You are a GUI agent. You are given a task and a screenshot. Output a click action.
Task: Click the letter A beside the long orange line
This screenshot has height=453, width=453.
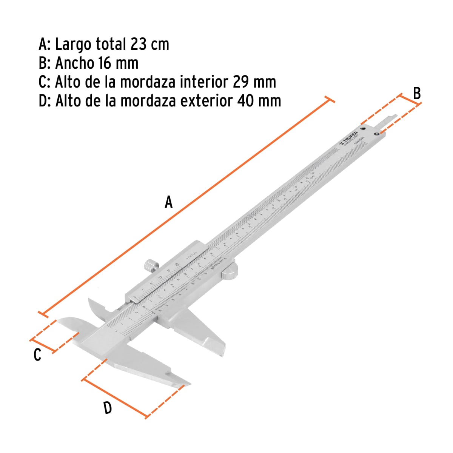[168, 202]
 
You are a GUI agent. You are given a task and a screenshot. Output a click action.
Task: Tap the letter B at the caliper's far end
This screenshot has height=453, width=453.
[416, 93]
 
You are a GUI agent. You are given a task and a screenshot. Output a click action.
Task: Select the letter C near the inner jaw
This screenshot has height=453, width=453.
[37, 355]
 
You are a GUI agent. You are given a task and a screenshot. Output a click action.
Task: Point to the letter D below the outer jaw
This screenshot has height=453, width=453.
[108, 408]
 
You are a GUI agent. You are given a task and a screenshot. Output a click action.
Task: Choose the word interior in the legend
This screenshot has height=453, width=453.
[198, 82]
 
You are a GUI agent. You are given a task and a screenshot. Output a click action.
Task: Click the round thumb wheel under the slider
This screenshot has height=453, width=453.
[230, 271]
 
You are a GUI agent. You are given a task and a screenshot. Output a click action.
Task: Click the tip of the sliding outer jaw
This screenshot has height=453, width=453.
[222, 353]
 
